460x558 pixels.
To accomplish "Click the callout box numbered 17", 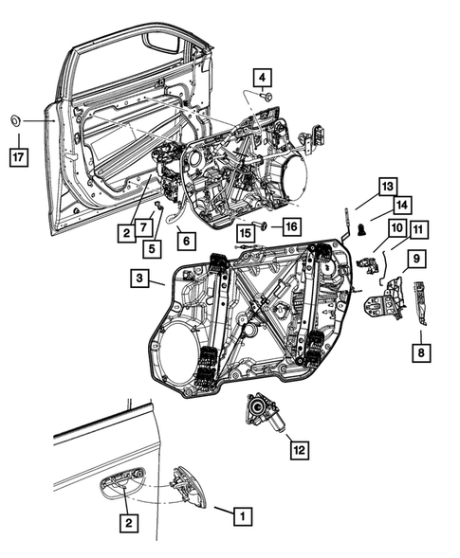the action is point(19,157).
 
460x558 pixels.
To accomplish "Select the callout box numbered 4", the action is point(263,78).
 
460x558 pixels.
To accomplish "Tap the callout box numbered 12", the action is point(300,450).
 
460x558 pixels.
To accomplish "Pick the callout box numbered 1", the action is point(243,516).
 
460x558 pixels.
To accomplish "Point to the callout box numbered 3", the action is point(140,279).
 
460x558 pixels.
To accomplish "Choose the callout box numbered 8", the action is point(421,352).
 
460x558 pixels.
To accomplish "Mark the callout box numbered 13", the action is point(388,187).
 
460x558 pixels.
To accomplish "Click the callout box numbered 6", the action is point(187,241).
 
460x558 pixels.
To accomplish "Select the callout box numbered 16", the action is point(292,226).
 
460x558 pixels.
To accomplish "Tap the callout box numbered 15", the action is point(247,233).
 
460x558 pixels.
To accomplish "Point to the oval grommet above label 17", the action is point(15,120).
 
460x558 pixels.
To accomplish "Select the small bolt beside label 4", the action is point(267,96).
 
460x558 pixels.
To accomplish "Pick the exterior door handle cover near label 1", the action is point(191,487).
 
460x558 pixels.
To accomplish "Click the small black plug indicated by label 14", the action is point(361,229).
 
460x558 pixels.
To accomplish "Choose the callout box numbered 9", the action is point(417,259).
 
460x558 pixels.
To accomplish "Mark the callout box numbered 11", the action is point(419,230).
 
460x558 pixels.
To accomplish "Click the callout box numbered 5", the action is point(152,249).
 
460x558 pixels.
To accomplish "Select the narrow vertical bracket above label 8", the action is point(420,303).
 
